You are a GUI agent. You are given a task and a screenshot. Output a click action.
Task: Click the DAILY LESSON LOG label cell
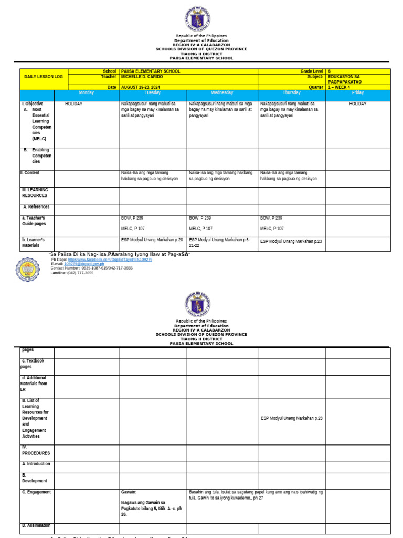click(44, 77)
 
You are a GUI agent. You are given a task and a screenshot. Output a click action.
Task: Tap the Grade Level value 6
click(329, 71)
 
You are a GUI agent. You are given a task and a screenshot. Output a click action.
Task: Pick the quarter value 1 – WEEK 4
click(341, 87)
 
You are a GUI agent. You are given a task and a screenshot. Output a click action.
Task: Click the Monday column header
click(86, 93)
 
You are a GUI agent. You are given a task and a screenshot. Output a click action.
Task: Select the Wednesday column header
click(221, 93)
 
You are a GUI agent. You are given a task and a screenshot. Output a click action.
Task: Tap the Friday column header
click(358, 93)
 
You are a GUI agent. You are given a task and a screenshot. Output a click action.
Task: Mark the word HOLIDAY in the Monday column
click(73, 104)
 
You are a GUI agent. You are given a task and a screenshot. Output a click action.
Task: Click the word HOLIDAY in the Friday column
click(358, 104)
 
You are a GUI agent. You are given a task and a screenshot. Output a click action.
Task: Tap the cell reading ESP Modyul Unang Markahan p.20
click(152, 240)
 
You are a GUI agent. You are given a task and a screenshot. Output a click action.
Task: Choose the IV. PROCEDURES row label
click(36, 450)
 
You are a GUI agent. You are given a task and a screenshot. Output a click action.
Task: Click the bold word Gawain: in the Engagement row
click(129, 492)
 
